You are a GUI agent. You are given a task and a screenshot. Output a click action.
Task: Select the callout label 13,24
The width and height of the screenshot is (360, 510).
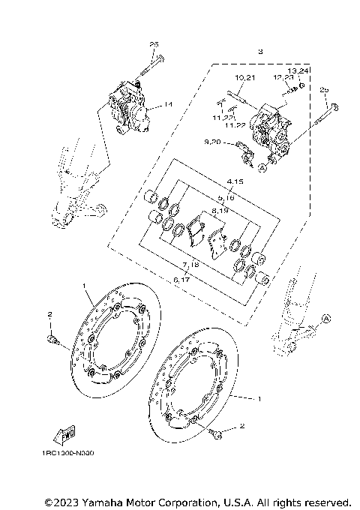coord(298,68)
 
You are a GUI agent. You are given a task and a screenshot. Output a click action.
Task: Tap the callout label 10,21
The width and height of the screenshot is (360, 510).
coord(245,78)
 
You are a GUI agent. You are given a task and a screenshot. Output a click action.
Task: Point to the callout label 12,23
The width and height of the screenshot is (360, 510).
coord(283,78)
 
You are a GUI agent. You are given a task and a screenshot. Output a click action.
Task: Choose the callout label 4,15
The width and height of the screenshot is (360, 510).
coord(216,182)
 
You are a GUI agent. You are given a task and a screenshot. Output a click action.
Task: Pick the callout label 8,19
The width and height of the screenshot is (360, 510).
coord(220,212)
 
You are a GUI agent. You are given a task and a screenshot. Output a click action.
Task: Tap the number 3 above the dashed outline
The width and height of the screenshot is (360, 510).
coord(260,52)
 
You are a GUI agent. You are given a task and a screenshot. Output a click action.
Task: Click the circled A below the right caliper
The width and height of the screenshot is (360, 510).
coord(262,168)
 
